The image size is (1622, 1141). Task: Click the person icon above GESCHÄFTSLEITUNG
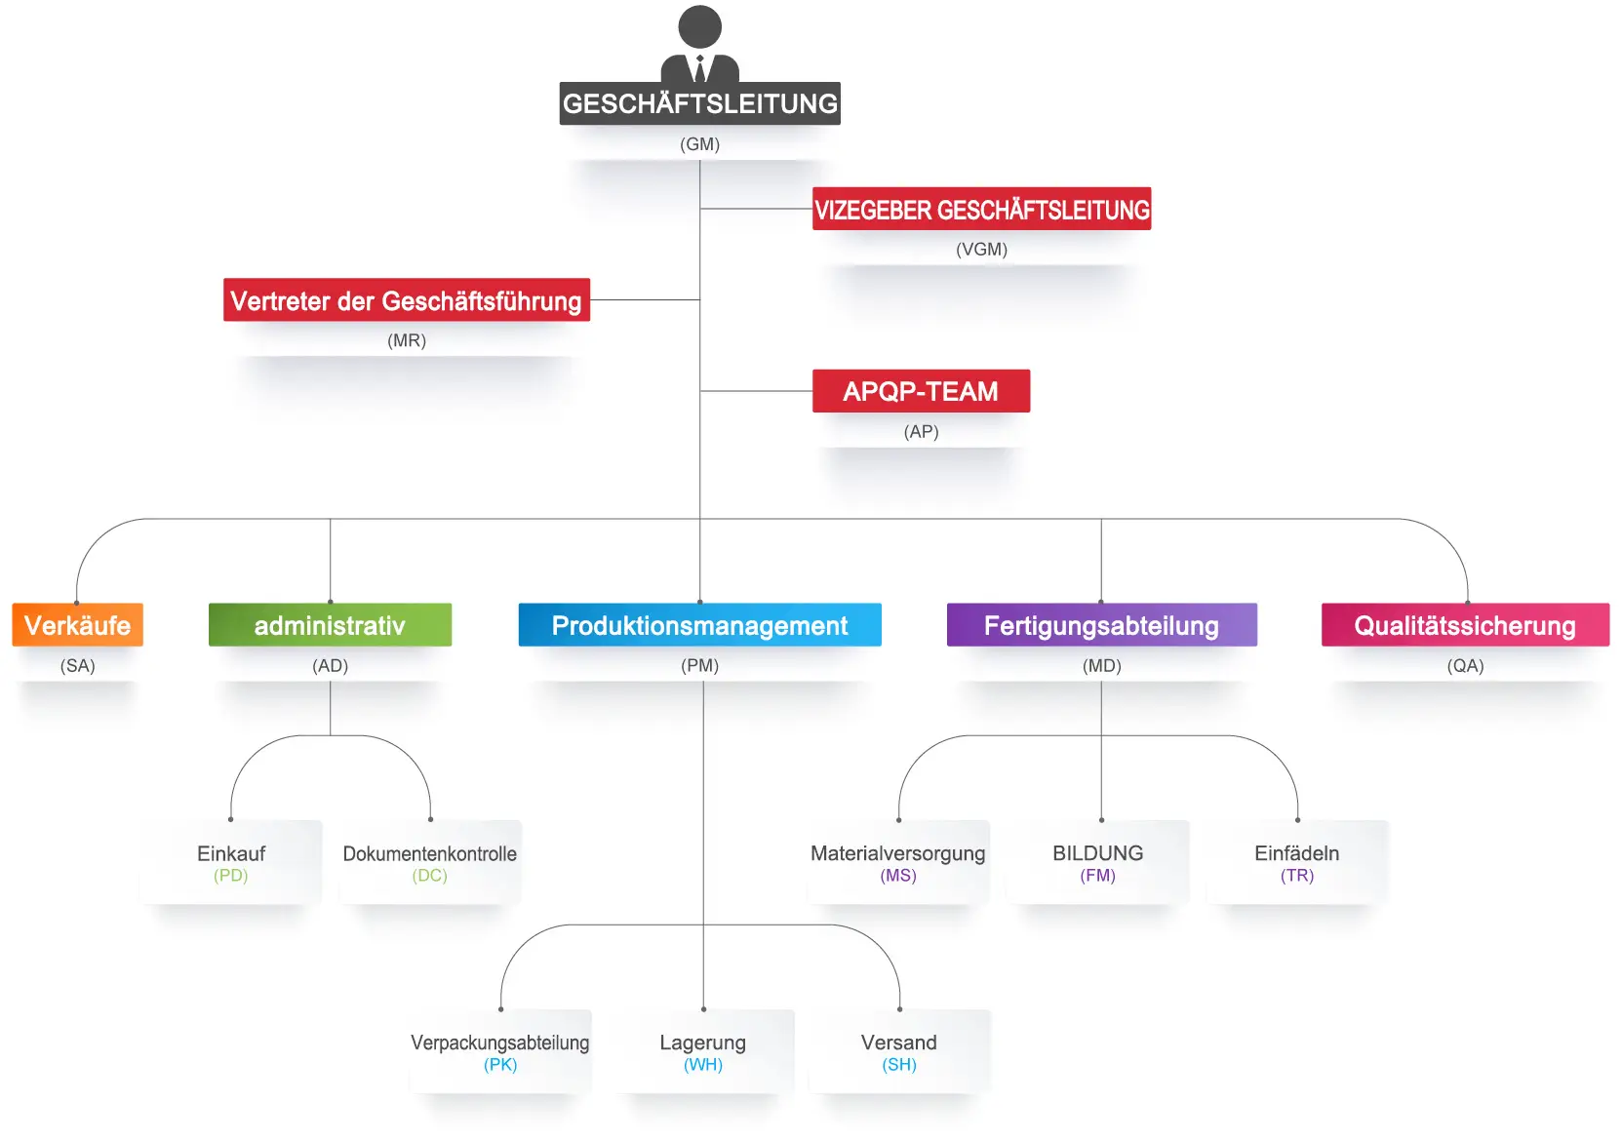tap(699, 44)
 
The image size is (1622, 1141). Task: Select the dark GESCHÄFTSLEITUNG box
tap(699, 103)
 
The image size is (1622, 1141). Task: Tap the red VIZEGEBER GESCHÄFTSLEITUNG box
tap(981, 209)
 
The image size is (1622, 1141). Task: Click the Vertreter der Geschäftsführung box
tap(406, 300)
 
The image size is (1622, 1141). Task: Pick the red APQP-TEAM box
tap(921, 391)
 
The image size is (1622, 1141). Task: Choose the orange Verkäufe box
tap(77, 625)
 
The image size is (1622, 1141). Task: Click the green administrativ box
tap(330, 625)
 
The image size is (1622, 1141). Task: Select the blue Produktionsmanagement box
tap(699, 625)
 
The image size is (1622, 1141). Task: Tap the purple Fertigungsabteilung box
tap(1101, 625)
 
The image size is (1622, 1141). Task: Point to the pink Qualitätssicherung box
tap(1465, 625)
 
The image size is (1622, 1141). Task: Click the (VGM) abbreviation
tap(981, 250)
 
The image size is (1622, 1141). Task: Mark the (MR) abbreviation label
tap(407, 340)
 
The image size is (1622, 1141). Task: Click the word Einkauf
tap(231, 853)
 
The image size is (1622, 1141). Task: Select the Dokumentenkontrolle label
tap(429, 853)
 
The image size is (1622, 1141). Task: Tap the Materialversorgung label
tap(897, 853)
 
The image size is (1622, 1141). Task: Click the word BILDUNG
tap(1097, 853)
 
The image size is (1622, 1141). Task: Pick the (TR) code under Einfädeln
tap(1296, 876)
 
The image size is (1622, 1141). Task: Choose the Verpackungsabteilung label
tap(499, 1043)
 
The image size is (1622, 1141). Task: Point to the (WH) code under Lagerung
tap(702, 1065)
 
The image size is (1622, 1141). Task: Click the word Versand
tap(898, 1043)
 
